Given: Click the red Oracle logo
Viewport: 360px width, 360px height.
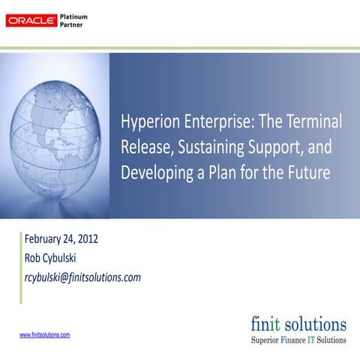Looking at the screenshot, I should (30, 20).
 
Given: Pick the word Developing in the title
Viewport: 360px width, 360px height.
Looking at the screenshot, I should (154, 173).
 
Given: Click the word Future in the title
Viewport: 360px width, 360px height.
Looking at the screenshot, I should (308, 173).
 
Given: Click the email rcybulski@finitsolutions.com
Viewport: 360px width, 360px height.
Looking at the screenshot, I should (82, 277).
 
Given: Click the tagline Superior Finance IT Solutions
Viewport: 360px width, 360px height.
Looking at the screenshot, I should (298, 340).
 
